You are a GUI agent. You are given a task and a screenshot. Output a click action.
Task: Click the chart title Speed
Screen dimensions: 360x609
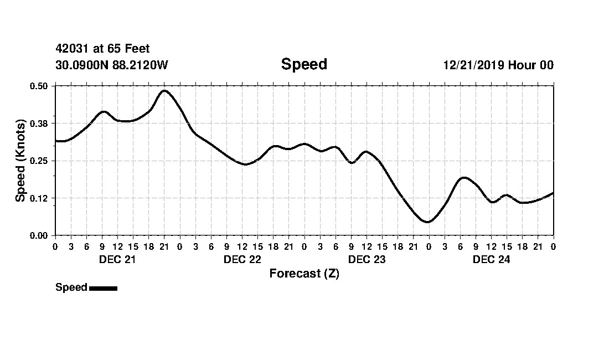[304, 64]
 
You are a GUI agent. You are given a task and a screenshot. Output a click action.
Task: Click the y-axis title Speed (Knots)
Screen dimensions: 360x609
[20, 161]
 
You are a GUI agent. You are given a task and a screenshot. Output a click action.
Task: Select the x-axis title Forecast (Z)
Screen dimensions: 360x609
[304, 274]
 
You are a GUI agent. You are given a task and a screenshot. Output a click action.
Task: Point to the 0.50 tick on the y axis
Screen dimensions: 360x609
[40, 86]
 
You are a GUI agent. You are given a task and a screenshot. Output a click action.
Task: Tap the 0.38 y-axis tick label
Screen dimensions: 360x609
[40, 123]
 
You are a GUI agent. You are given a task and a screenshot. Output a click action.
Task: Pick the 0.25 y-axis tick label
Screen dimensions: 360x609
[40, 161]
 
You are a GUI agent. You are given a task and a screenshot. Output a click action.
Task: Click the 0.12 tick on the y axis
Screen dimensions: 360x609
[40, 198]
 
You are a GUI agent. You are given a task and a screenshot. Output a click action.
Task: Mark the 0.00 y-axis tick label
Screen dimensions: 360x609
[40, 235]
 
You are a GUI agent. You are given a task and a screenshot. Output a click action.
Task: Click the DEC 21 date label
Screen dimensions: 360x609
[117, 260]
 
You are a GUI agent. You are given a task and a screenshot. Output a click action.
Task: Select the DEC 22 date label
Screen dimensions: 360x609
[242, 260]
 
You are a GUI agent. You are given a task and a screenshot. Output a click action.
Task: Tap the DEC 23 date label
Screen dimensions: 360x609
[367, 260]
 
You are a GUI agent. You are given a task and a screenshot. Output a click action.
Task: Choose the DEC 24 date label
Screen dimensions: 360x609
[491, 260]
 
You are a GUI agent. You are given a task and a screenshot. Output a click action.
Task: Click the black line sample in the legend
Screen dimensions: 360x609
[103, 288]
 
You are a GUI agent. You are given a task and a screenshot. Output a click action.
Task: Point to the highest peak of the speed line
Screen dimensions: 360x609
[164, 90]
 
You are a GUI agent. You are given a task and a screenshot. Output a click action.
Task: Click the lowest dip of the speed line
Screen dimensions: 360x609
[427, 222]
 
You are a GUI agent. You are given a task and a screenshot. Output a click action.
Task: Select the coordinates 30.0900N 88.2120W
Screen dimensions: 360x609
[111, 65]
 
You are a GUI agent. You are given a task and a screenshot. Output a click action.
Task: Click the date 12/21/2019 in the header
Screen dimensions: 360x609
[473, 65]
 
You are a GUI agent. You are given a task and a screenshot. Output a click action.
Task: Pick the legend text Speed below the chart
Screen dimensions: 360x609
[71, 287]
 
